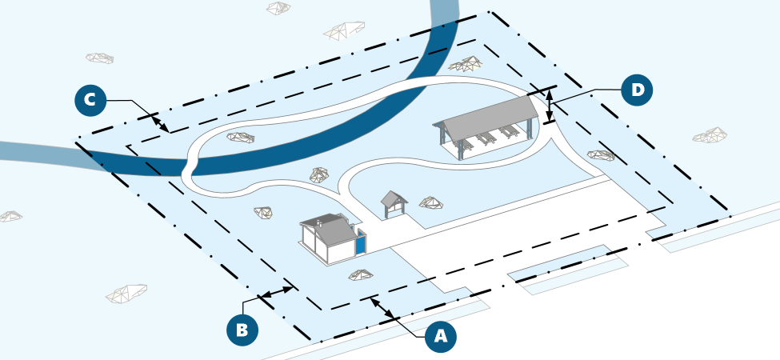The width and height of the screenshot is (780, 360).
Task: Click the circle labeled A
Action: pyautogui.click(x=440, y=337)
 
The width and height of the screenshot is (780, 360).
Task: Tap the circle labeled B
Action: pyautogui.click(x=242, y=329)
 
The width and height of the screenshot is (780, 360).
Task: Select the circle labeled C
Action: pyautogui.click(x=90, y=100)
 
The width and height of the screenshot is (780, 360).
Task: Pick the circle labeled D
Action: pyautogui.click(x=637, y=90)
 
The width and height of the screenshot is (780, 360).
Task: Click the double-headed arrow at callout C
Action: pyautogui.click(x=161, y=123)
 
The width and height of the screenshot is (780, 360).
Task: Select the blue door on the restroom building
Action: pyautogui.click(x=360, y=242)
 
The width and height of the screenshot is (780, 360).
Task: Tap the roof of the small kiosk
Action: pyautogui.click(x=394, y=198)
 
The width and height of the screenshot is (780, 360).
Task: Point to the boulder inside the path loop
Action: pyautogui.click(x=240, y=137)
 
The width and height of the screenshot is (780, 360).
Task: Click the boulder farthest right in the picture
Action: pyautogui.click(x=710, y=135)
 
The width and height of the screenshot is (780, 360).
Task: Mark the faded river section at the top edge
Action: pyautogui.click(x=443, y=12)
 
